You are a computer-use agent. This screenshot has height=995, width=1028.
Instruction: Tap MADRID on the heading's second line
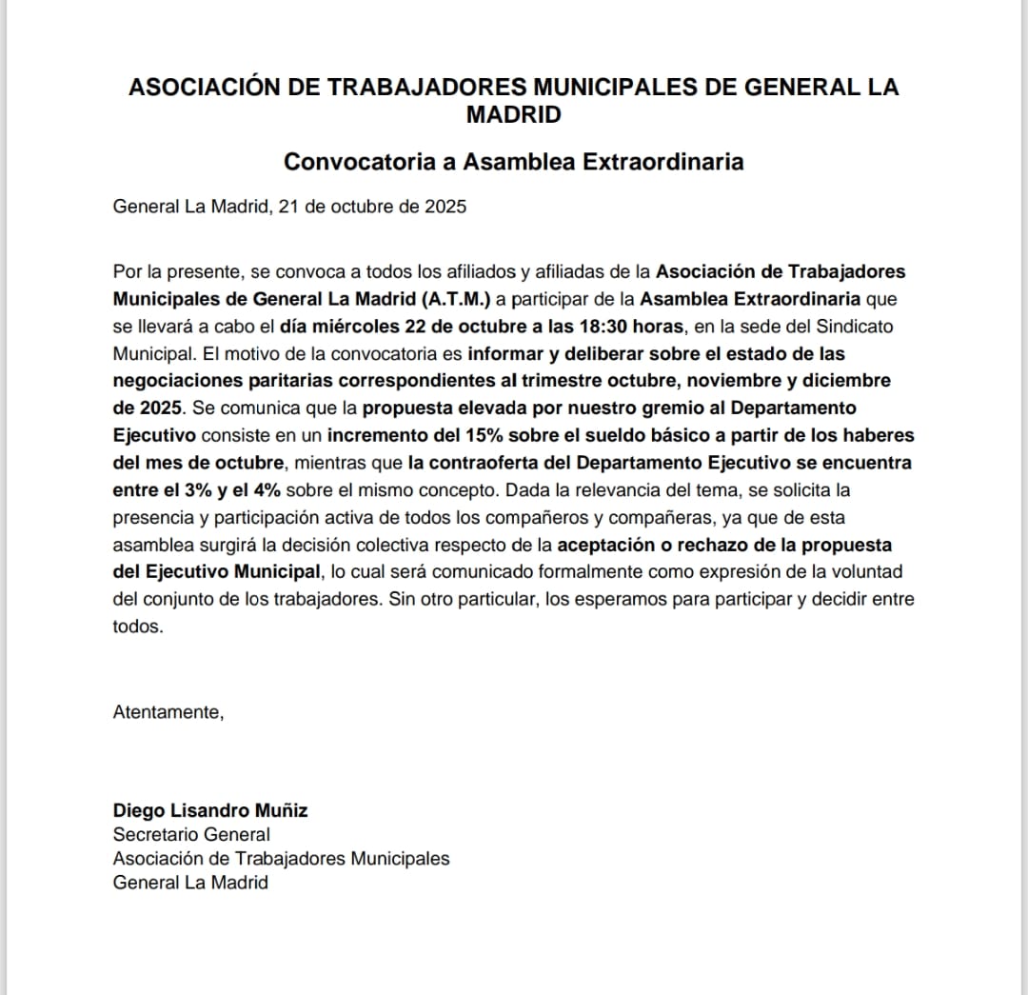(x=514, y=115)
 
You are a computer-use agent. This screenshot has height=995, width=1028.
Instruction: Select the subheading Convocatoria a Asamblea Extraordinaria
(x=514, y=161)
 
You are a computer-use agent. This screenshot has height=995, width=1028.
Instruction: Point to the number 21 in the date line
(x=289, y=206)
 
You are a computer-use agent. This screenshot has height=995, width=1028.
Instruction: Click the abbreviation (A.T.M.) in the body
(x=457, y=299)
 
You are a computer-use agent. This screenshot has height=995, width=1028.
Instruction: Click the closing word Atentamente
(x=168, y=712)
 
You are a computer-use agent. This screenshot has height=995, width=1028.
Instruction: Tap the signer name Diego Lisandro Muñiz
(x=210, y=811)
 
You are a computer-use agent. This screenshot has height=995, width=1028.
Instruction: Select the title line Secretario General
(x=191, y=835)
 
